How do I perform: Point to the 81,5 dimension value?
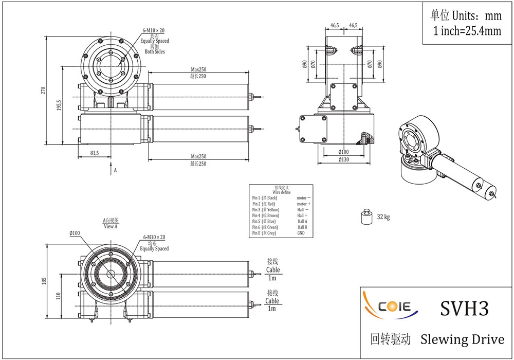click(95, 153)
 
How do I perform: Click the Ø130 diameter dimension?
click(343, 160)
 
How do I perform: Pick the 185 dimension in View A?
click(44, 281)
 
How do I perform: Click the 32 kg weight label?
click(383, 217)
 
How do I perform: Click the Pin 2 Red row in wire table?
click(264, 204)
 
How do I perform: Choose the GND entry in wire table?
click(301, 233)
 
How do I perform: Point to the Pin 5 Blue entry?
click(264, 221)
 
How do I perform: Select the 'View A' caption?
click(111, 226)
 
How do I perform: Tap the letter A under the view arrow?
click(115, 169)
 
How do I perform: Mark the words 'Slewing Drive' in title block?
click(462, 339)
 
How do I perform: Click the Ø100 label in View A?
click(75, 233)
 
